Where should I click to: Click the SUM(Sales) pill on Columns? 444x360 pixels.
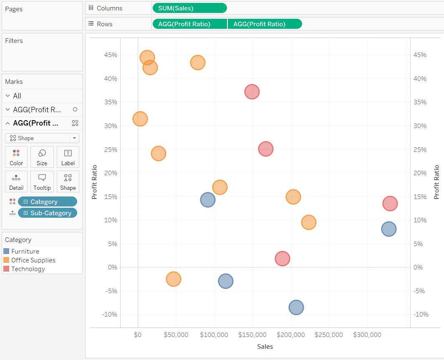pos(189,8)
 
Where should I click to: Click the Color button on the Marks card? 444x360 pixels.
pos(16,157)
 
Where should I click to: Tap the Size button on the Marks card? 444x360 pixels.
pos(42,157)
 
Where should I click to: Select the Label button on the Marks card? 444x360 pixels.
pos(68,157)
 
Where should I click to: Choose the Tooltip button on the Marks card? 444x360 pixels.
pos(42,181)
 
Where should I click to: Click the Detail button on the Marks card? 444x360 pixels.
pos(16,181)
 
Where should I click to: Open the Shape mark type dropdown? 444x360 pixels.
pos(42,138)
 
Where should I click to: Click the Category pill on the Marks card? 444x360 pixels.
pos(47,202)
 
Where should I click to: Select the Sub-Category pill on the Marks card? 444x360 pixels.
pos(47,213)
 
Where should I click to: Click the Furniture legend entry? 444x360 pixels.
pos(25,252)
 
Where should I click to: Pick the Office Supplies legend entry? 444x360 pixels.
pos(33,260)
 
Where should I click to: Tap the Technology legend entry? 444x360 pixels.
pos(28,269)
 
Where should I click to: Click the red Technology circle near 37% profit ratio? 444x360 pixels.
pos(252,91)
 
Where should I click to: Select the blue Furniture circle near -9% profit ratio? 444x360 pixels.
pos(296,307)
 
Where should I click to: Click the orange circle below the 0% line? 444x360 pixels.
pos(174,279)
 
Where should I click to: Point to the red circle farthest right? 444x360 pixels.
pos(390,204)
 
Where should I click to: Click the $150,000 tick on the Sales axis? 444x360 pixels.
pos(252,335)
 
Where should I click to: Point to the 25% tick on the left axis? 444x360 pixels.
pos(110,149)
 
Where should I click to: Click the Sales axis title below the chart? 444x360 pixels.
pos(265,347)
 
